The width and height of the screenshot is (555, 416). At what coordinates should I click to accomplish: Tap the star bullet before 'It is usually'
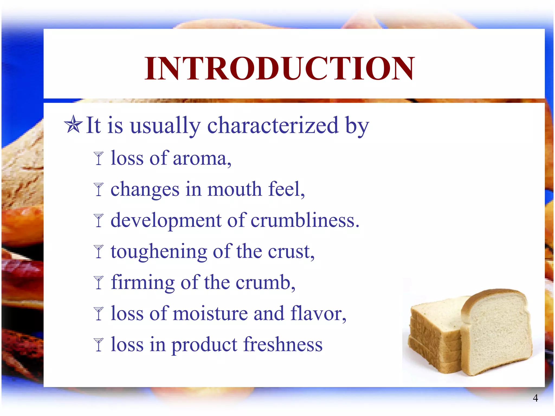click(x=73, y=125)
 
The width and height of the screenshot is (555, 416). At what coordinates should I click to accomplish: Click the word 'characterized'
click(x=273, y=125)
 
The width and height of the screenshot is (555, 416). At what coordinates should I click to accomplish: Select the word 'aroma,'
click(x=202, y=158)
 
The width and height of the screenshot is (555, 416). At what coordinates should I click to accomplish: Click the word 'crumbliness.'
click(x=305, y=220)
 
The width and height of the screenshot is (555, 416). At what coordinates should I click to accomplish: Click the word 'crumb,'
click(x=266, y=282)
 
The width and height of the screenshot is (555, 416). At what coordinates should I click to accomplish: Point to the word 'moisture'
click(x=210, y=314)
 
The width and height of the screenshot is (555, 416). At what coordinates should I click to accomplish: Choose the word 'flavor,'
click(x=318, y=314)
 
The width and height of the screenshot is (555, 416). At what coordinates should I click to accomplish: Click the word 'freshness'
click(x=283, y=344)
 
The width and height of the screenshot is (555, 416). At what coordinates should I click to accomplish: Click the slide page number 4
click(x=535, y=398)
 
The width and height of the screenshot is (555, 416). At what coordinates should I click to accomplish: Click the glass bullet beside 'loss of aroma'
click(x=99, y=158)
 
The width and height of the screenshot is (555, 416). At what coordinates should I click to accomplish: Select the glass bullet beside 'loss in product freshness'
click(x=99, y=345)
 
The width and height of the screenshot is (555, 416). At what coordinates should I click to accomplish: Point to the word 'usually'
click(x=165, y=126)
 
